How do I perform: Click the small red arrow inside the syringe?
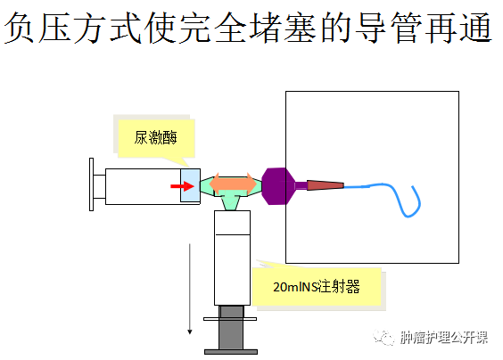(182, 186)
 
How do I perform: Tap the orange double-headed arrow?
(233, 184)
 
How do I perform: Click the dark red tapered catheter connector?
(326, 185)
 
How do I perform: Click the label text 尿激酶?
(155, 138)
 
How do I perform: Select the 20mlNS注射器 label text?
(317, 287)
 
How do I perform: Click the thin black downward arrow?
(190, 289)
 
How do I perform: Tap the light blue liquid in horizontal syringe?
(190, 185)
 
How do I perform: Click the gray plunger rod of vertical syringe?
(231, 327)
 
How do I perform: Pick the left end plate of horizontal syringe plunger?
(92, 184)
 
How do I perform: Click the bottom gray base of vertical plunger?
(231, 352)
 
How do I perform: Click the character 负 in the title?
(20, 28)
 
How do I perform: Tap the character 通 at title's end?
(475, 28)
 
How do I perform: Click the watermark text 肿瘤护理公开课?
(444, 337)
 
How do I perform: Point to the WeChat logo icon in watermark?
(383, 337)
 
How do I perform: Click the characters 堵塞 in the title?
(284, 28)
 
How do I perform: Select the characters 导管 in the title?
(389, 28)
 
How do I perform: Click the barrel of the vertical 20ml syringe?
(232, 258)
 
